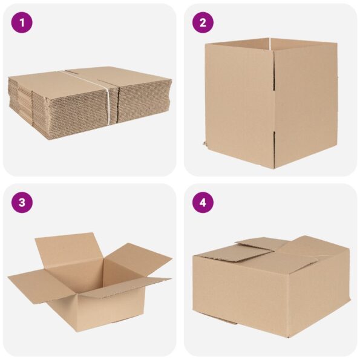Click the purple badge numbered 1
point(22,23)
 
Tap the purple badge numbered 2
point(203,23)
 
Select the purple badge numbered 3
point(22,203)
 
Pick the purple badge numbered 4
point(203,203)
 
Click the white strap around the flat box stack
point(106,96)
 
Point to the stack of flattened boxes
point(90,103)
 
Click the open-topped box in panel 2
point(271,103)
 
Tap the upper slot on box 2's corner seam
point(274,76)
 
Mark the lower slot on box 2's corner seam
point(274,147)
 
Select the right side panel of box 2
point(306,105)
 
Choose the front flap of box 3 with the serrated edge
point(126,287)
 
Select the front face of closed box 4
point(239,295)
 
